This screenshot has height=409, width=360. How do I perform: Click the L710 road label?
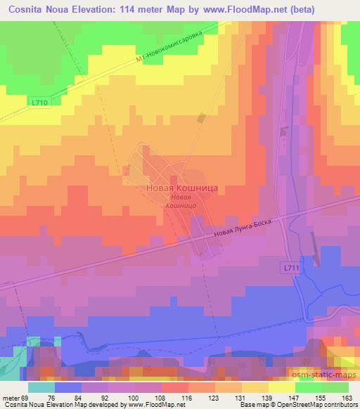(x=40, y=103)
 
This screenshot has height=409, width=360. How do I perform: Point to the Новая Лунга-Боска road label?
(x=245, y=232)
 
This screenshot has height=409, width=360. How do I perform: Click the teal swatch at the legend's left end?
(x=41, y=387)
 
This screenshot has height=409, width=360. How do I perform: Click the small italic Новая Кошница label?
(x=181, y=202)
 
